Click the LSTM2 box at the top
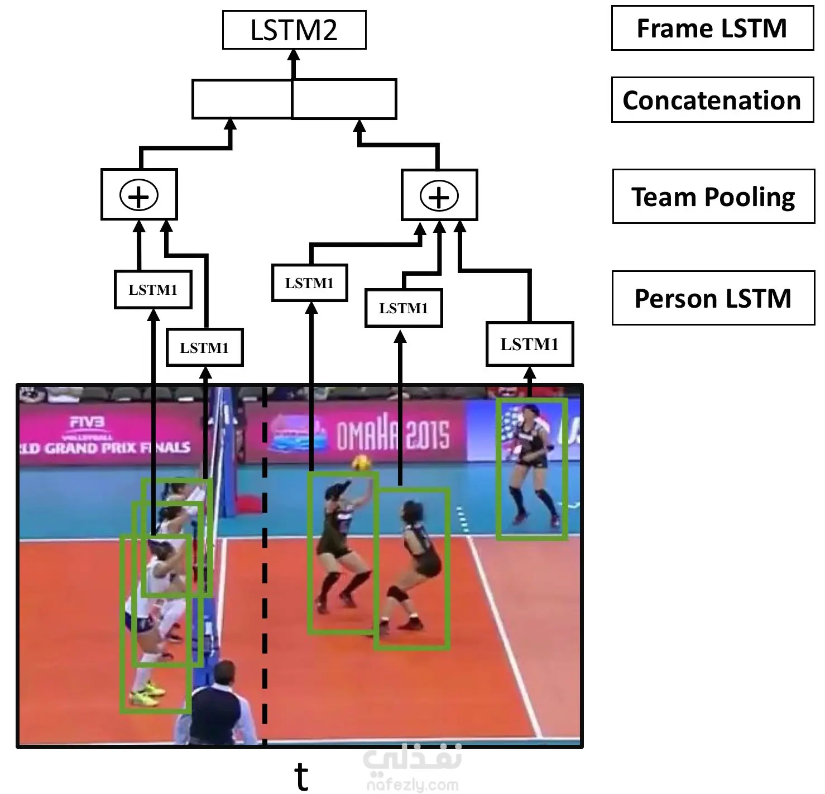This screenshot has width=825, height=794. point(294,30)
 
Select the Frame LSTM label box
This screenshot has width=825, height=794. point(712,28)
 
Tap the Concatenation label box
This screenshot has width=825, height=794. point(712,100)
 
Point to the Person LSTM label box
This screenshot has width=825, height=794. point(713,298)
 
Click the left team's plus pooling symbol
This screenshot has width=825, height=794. point(139,195)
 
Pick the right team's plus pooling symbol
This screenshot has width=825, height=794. point(439,196)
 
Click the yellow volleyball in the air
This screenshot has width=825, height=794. point(359,463)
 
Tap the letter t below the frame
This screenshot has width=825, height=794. point(301,776)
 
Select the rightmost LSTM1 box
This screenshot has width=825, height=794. point(529,344)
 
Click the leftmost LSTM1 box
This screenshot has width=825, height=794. point(153,289)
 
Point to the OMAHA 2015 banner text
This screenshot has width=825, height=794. point(392,436)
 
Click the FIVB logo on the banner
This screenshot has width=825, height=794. point(88,423)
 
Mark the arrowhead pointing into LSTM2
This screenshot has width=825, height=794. point(294,56)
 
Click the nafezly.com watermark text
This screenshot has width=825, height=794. point(412,785)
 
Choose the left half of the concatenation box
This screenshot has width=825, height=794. point(242,99)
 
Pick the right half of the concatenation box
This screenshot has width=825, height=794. point(344,99)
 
